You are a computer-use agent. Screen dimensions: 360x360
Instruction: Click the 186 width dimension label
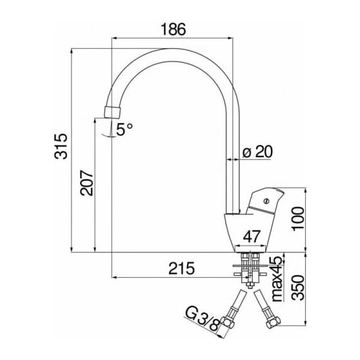[x=173, y=29]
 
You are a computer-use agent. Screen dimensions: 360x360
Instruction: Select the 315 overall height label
[x=61, y=147]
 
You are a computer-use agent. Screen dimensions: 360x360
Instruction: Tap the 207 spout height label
[x=87, y=183]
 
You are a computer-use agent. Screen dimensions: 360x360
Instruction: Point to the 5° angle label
[x=124, y=129]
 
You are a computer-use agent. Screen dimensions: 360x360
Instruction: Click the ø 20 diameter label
[x=258, y=152]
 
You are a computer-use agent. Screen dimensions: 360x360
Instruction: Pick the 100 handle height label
[x=297, y=218]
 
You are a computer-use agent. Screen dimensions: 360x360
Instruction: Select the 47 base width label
[x=252, y=237]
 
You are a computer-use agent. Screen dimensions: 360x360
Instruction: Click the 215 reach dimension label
[x=182, y=268]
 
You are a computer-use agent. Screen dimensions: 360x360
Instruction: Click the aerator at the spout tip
[x=112, y=112]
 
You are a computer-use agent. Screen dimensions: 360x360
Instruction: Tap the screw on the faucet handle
[x=267, y=201]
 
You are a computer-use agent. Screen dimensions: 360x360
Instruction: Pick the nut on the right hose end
[x=273, y=321]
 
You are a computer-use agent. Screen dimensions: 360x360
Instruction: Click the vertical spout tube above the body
[x=233, y=160]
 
